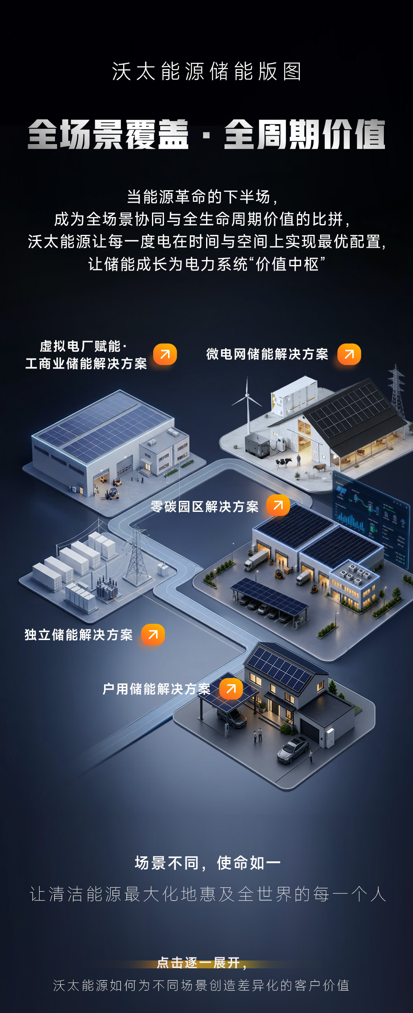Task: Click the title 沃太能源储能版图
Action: click(x=206, y=72)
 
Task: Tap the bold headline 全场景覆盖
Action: click(x=108, y=134)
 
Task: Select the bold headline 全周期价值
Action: click(x=305, y=134)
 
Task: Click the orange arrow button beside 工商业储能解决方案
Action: click(x=165, y=354)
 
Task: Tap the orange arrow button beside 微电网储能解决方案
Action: click(x=349, y=354)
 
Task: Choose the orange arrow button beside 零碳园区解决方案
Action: click(x=278, y=505)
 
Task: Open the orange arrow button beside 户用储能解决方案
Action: click(x=231, y=688)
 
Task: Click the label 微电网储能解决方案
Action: click(x=267, y=354)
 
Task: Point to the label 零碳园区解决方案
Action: click(x=204, y=506)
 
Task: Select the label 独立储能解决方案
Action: click(x=78, y=635)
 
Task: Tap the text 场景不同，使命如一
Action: click(x=208, y=863)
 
